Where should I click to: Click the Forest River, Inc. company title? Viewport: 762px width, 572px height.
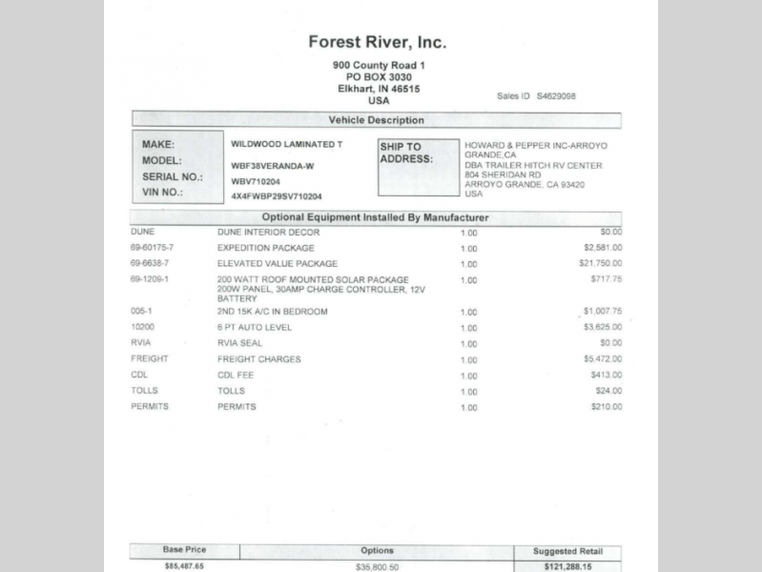[377, 42]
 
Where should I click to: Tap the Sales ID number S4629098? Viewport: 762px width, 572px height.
[556, 96]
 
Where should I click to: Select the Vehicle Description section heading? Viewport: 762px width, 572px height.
[376, 121]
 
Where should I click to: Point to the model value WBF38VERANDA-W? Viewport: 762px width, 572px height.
[272, 164]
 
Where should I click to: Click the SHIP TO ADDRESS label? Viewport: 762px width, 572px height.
[406, 153]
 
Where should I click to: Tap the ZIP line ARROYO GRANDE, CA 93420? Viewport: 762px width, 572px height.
[525, 184]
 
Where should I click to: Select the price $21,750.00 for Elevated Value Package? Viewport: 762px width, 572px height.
[600, 262]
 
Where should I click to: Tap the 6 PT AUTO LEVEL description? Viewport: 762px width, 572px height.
[255, 327]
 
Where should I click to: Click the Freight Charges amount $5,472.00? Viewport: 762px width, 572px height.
[602, 359]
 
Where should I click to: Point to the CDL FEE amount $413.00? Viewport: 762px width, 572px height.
[606, 375]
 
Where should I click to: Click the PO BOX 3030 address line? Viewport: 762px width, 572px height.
[379, 76]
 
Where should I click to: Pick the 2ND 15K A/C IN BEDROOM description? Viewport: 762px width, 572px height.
[272, 312]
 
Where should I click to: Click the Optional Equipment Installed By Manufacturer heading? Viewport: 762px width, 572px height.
[376, 217]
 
